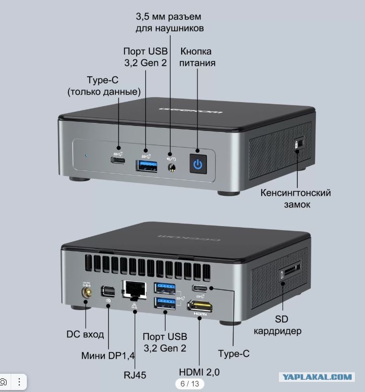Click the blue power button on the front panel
point(198,164)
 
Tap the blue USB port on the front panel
point(147,166)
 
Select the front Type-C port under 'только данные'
point(118,160)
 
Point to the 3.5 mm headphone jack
point(172,167)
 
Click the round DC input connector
point(87,292)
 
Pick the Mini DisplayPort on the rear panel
point(108,291)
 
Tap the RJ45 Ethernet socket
point(134,290)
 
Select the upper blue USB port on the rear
point(165,288)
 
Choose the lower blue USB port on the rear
point(165,303)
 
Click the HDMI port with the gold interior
point(200,306)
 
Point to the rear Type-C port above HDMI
point(200,288)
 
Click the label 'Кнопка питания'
point(197,57)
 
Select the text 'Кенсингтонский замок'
point(296,198)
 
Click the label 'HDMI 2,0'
point(199,372)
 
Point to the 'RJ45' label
point(135,375)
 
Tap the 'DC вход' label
point(85,334)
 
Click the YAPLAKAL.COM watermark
point(317,377)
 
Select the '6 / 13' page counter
point(190,383)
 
